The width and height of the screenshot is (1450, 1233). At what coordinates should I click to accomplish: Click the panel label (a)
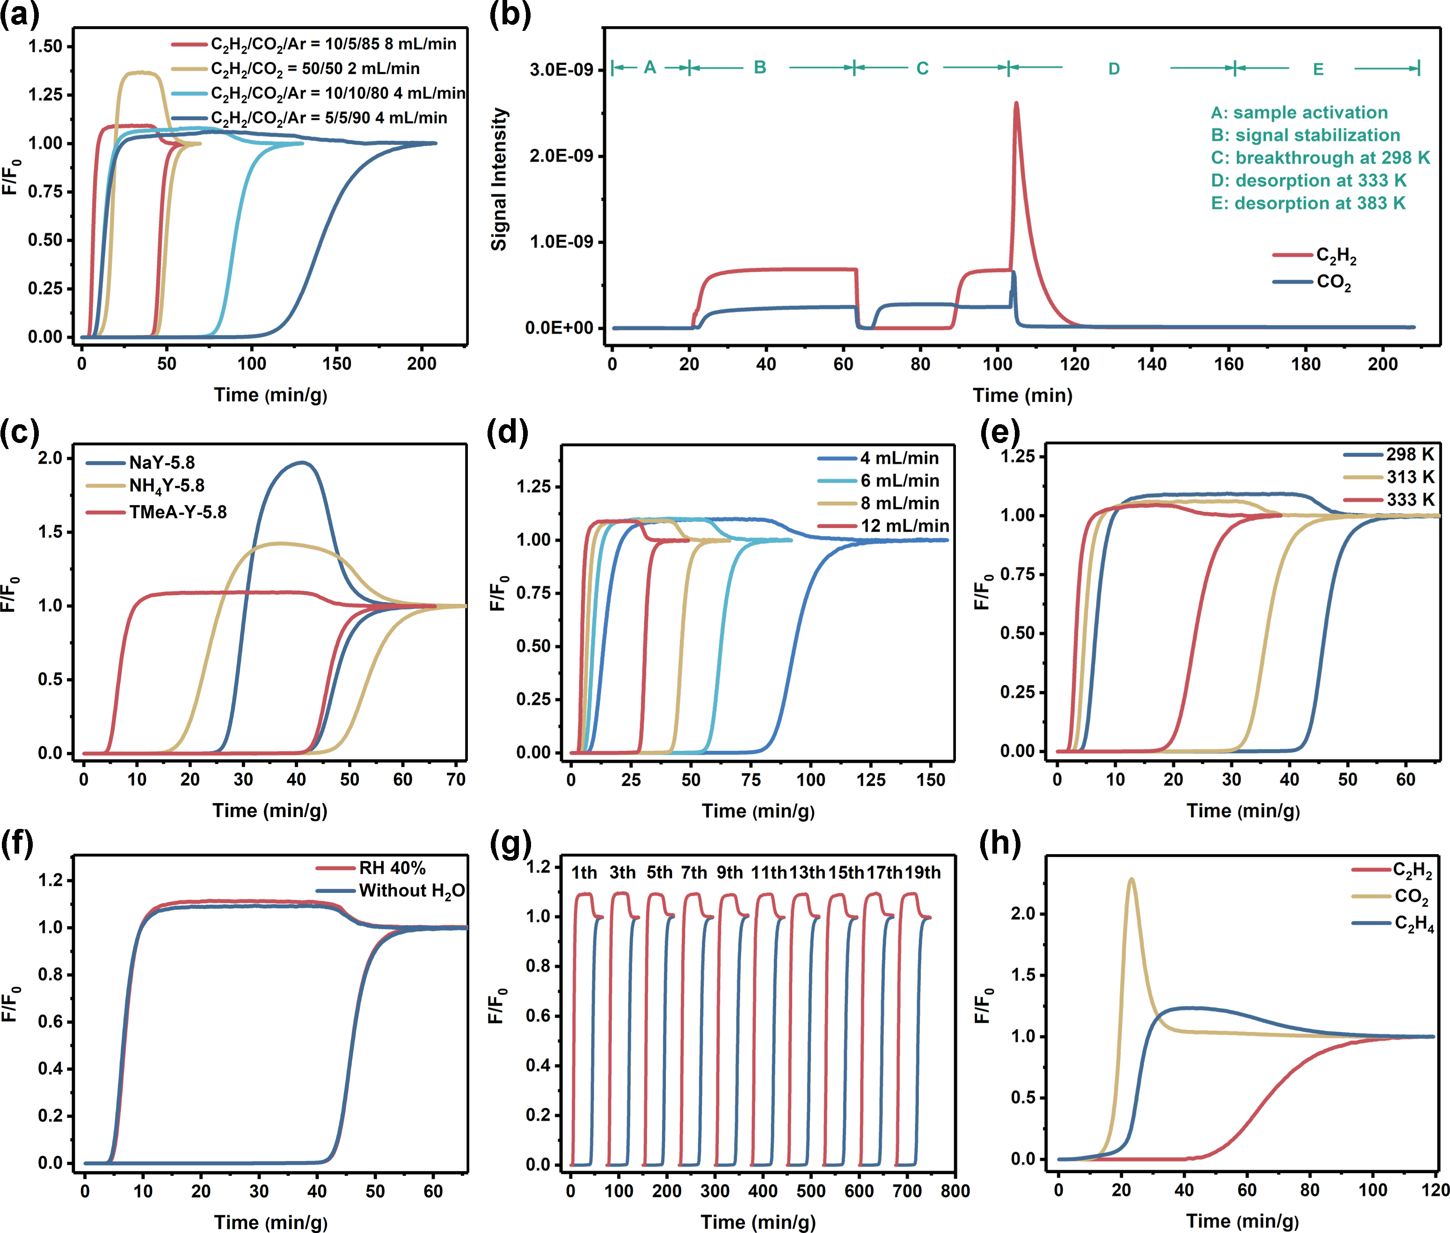[20, 14]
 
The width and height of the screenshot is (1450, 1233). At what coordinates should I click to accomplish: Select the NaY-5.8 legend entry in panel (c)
[161, 463]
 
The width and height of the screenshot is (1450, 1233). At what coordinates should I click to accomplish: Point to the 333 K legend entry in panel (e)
[1409, 500]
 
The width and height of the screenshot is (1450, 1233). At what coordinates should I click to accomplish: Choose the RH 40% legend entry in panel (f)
[392, 868]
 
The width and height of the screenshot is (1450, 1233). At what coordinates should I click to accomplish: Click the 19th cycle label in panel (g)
[922, 873]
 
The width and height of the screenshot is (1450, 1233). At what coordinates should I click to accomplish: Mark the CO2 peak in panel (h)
[1131, 879]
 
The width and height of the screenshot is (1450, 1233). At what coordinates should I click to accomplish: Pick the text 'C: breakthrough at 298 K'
[1320, 158]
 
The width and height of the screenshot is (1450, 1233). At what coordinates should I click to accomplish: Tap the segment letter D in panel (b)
[1114, 68]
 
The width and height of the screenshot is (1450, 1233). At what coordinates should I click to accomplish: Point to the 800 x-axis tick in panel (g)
[955, 1191]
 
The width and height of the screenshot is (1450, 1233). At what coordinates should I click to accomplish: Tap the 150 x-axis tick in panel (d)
[931, 780]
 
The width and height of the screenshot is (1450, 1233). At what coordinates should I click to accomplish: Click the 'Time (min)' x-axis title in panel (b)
[1022, 396]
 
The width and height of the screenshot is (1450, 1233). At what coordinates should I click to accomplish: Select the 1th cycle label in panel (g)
[584, 873]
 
